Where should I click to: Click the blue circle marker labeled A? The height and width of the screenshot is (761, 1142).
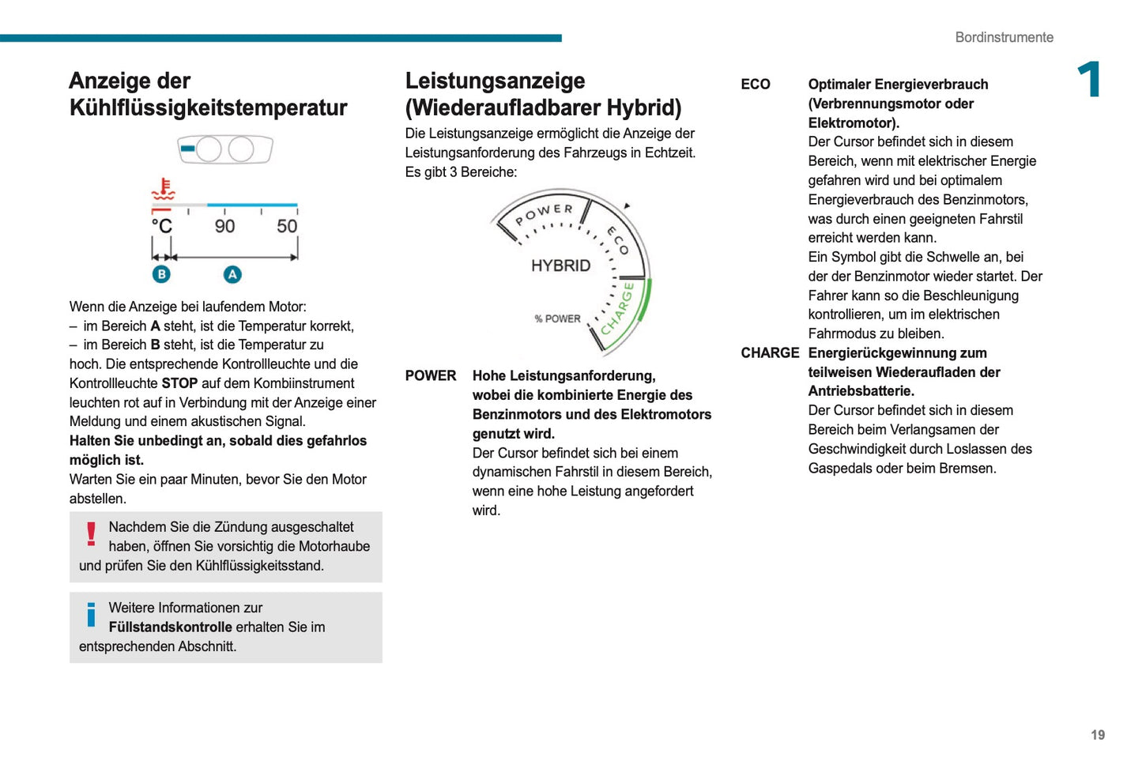pos(232,274)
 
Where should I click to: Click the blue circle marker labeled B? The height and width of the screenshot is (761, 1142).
pos(161,274)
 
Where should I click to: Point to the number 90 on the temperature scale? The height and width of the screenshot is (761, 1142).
pos(224,227)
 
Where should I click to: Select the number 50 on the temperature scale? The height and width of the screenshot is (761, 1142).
pos(287,227)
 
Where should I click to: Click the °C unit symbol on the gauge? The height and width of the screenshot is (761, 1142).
pos(162,227)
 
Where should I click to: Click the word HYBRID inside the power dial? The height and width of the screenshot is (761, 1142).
pos(560,266)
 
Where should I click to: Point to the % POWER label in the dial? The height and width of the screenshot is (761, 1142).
pos(557,319)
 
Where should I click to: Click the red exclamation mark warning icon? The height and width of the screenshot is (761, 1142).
pos(92,534)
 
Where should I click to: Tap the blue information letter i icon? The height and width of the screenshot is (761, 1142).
pos(92,614)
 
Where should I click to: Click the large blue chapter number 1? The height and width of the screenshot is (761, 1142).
pos(1090,80)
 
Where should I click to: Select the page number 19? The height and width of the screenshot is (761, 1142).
pos(1098,735)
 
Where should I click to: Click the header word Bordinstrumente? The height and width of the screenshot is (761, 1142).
pos(1004,37)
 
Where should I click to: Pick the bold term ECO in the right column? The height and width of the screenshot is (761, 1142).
pos(755,85)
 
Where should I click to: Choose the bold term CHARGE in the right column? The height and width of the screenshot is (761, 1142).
pos(769,353)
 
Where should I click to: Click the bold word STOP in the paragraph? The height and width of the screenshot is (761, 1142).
pos(179,383)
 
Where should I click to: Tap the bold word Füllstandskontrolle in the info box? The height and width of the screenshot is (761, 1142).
pos(170,627)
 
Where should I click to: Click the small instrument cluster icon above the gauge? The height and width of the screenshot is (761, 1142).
pos(225,149)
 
